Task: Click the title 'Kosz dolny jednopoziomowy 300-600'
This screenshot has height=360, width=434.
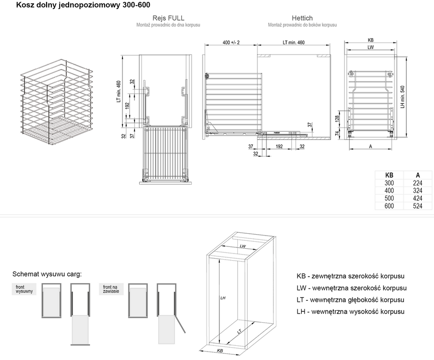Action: (83, 5)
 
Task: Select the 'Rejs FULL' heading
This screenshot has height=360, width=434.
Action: (169, 18)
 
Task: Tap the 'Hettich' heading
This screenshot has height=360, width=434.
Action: (302, 18)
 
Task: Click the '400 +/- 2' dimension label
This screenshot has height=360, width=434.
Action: (231, 42)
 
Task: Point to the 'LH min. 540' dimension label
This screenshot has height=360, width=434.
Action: (402, 97)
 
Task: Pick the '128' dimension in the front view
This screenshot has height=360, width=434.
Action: (337, 119)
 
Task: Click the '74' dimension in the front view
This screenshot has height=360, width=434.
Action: (337, 133)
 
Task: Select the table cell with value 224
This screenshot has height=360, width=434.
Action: (418, 183)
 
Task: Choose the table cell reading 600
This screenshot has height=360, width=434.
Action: (389, 206)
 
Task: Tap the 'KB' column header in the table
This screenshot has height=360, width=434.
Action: (389, 175)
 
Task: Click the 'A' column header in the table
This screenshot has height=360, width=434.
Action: (418, 175)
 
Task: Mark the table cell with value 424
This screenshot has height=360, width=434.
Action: (418, 198)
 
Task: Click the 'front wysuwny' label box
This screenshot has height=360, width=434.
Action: (24, 289)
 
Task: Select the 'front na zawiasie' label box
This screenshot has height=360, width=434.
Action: (111, 289)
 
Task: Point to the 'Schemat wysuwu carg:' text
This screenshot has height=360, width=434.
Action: (47, 274)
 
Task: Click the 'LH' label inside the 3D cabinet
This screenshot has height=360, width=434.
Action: (223, 298)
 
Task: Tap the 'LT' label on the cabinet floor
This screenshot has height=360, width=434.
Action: (239, 331)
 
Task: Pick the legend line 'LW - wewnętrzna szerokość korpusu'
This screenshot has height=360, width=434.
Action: (352, 288)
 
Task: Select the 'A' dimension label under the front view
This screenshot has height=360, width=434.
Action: (370, 147)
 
